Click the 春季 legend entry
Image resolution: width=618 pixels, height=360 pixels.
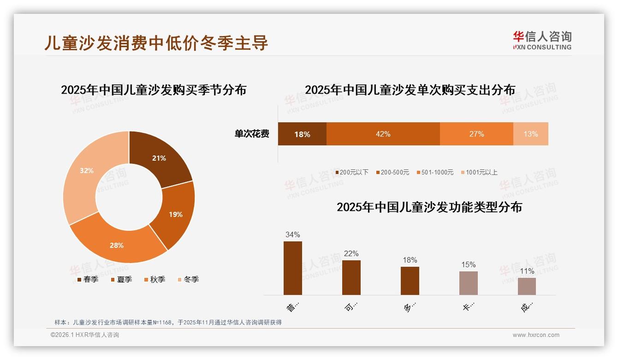pyautogui.click(x=87, y=279)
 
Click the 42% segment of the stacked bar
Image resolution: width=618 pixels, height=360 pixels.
pyautogui.click(x=383, y=134)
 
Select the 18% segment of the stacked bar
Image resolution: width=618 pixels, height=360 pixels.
pyautogui.click(x=302, y=134)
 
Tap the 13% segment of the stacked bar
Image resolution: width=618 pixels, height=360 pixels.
pyautogui.click(x=530, y=134)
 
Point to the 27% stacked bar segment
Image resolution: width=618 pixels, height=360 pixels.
pyautogui.click(x=476, y=134)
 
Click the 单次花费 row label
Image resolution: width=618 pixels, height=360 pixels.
pyautogui.click(x=252, y=134)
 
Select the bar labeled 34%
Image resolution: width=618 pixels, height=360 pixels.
pyautogui.click(x=292, y=268)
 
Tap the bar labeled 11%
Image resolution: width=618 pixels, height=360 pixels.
pyautogui.click(x=527, y=286)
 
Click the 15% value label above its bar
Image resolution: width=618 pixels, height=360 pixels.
pyautogui.click(x=468, y=264)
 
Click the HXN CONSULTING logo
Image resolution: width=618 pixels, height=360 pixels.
pyautogui.click(x=542, y=41)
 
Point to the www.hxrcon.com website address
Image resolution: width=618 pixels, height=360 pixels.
pyautogui.click(x=536, y=335)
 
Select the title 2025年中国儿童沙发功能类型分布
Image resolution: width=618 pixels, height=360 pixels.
pyautogui.click(x=429, y=207)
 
